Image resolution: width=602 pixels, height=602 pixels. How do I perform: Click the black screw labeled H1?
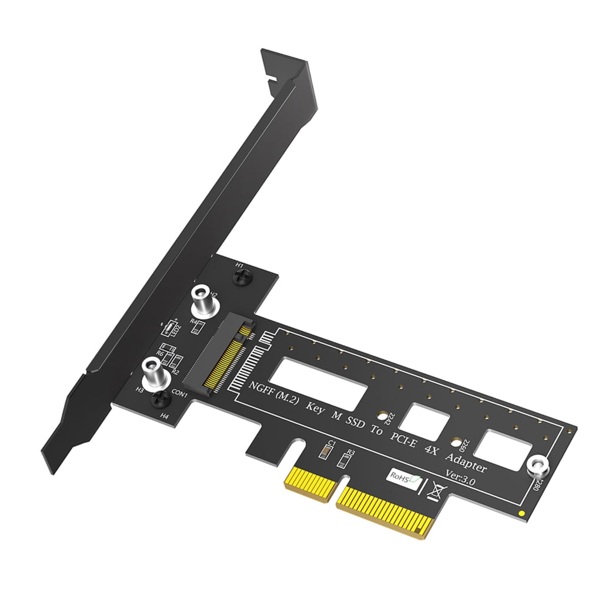tap(241, 279)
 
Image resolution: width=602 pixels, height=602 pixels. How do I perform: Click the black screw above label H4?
tap(159, 401)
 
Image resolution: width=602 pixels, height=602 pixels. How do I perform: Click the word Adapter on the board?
tap(466, 463)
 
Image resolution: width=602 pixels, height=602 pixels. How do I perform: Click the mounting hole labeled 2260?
tap(454, 443)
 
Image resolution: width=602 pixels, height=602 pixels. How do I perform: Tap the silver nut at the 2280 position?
tap(537, 466)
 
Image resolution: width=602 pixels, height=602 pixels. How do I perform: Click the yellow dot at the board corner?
tap(523, 516)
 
